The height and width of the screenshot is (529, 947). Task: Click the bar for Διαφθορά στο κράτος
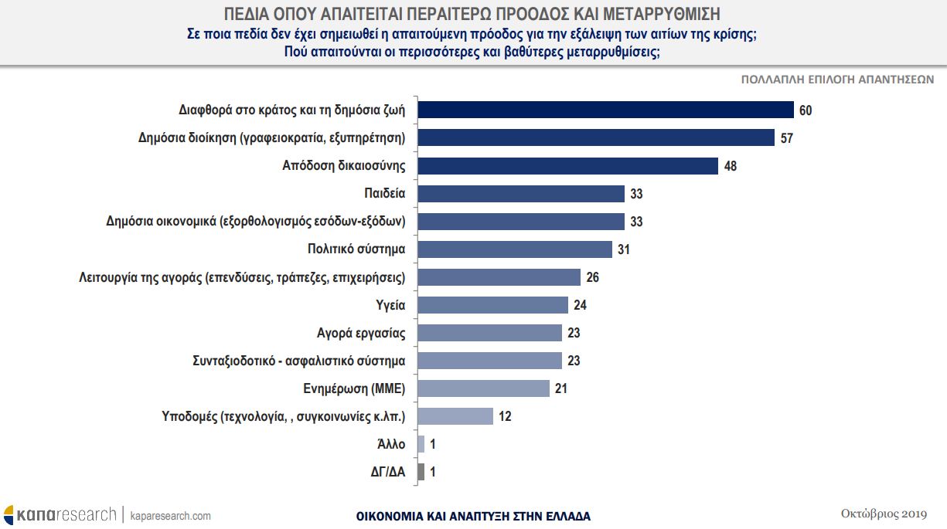(605, 110)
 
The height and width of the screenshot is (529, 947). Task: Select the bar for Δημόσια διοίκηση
(596, 137)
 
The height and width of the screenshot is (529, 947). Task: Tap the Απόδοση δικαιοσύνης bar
(567, 165)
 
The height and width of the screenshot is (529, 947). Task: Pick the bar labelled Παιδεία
(520, 193)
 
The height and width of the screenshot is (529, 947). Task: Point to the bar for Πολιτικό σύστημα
(514, 249)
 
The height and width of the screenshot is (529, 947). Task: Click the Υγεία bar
(492, 305)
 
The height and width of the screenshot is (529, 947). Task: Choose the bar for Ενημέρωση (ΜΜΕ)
(483, 388)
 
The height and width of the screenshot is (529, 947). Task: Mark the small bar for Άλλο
(421, 444)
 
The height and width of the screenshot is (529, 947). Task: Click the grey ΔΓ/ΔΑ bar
(421, 472)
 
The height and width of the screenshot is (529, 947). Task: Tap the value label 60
(806, 110)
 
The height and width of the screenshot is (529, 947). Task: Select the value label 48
(731, 166)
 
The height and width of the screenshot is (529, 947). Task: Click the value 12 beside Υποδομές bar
(505, 416)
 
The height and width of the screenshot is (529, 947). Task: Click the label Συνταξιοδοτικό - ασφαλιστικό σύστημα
(299, 361)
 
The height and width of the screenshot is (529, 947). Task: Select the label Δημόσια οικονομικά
(256, 222)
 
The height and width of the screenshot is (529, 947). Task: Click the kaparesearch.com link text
(170, 516)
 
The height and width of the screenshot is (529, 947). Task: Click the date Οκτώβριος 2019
(883, 514)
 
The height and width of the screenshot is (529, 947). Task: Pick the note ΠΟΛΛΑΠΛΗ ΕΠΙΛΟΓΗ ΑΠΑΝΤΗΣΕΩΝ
(837, 80)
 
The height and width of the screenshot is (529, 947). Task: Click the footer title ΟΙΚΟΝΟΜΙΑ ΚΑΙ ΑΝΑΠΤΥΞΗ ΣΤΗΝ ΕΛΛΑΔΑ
(473, 516)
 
